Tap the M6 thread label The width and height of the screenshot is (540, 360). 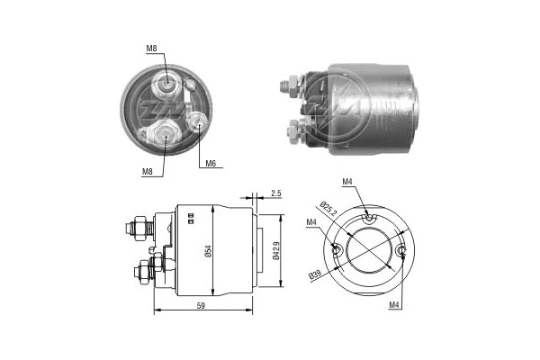210,164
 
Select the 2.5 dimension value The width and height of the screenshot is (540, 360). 276,193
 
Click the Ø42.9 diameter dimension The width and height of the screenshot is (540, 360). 276,253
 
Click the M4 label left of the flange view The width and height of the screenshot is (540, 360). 310,223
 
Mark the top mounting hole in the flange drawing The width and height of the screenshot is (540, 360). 370,216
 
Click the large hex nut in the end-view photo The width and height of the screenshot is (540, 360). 158,136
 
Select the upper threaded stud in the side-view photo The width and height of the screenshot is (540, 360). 289,85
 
